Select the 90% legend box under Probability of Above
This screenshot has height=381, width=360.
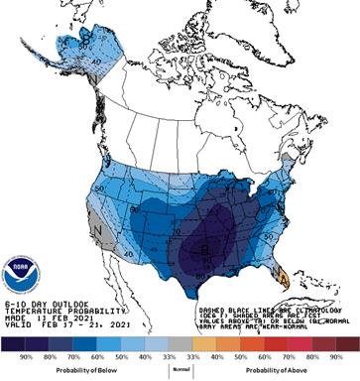click(337, 345)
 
